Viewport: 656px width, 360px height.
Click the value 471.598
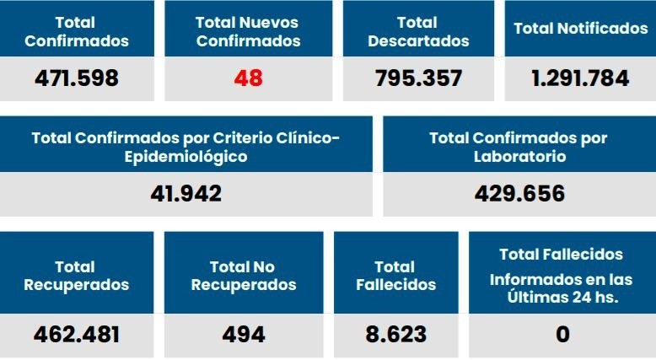[x=77, y=78]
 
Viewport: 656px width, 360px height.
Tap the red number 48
[x=248, y=78]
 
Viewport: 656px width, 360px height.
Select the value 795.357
[x=419, y=78]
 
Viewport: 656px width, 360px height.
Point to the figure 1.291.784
[x=580, y=78]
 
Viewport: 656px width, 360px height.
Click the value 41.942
[x=186, y=194]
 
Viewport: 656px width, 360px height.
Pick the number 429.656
[x=519, y=194]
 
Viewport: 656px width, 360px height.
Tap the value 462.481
[x=77, y=335]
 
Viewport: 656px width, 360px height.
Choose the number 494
[x=244, y=335]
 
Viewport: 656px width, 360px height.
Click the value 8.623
[x=396, y=335]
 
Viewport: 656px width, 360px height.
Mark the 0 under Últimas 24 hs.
[x=562, y=335]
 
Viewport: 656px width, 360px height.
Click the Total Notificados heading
[x=580, y=29]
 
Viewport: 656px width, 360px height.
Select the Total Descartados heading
[x=419, y=31]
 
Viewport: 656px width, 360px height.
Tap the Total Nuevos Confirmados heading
[x=248, y=31]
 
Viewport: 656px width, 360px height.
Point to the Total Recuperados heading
[x=77, y=276]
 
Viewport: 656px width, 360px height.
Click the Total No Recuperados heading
[x=244, y=276]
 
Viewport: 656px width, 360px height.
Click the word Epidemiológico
[x=186, y=157]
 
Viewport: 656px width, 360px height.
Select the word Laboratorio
[x=519, y=157]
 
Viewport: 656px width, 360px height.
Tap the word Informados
[x=531, y=279]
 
